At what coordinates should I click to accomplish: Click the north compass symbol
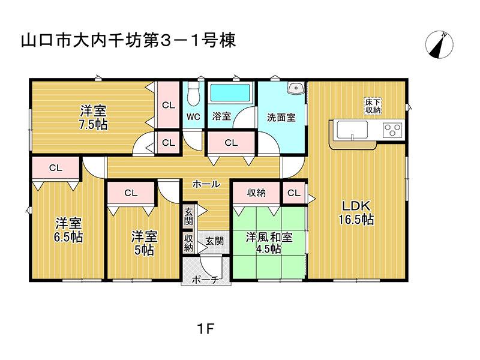pos(439,44)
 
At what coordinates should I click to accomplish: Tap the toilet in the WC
pos(193,93)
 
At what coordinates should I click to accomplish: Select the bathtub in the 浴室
pos(230,92)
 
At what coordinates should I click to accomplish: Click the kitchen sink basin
pos(352,130)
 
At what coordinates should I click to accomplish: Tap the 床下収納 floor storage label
pos(373,106)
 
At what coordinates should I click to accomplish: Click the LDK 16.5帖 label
pos(356,212)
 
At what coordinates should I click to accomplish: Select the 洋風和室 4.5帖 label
pos(269,242)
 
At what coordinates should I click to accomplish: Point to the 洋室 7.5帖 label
pos(93,118)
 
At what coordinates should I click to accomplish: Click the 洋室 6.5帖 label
pos(68,230)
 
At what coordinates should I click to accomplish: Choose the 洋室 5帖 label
pos(144,243)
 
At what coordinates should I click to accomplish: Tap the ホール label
pos(206,184)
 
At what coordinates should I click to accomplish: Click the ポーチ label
pos(205,280)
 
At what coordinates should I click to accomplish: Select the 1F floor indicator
pos(205,329)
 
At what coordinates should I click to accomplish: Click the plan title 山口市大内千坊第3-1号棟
pos(128,41)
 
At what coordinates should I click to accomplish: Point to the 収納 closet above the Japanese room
pos(256,193)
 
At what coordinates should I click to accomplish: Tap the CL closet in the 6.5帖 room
pos(56,168)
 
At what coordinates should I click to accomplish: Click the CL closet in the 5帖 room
pos(131,193)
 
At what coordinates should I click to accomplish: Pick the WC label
pos(193,116)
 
